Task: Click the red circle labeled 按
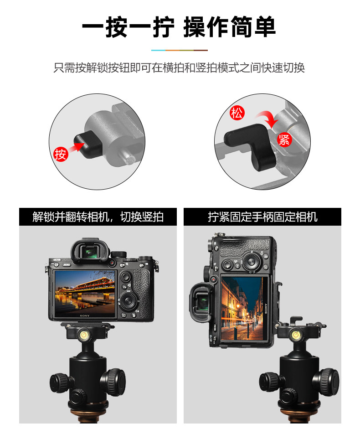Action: click(61, 154)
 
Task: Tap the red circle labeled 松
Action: click(237, 113)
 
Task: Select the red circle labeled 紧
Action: click(284, 139)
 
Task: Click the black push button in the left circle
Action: click(87, 145)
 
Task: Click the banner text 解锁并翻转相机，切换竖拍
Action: click(98, 217)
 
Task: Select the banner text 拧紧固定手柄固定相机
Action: click(262, 217)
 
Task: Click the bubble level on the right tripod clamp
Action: click(295, 334)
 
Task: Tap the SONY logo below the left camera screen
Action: click(85, 315)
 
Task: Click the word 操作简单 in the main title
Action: click(230, 27)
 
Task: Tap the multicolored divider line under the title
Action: click(180, 51)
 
